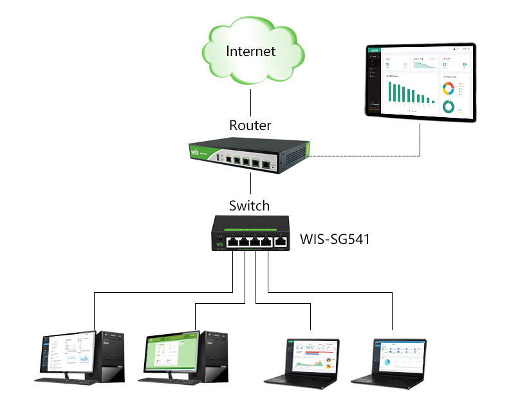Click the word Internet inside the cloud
[250, 51]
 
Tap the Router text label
[250, 125]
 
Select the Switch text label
[250, 206]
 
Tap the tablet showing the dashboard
[421, 83]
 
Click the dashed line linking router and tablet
[360, 156]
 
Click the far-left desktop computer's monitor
[66, 354]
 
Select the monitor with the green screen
[172, 353]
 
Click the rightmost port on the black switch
[281, 242]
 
